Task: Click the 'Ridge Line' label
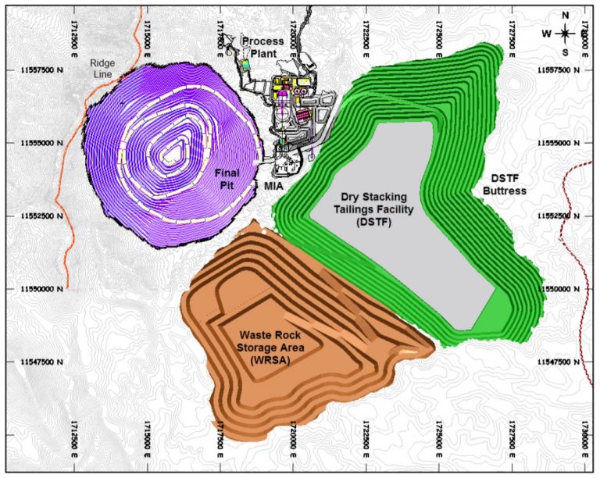click(x=102, y=68)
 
